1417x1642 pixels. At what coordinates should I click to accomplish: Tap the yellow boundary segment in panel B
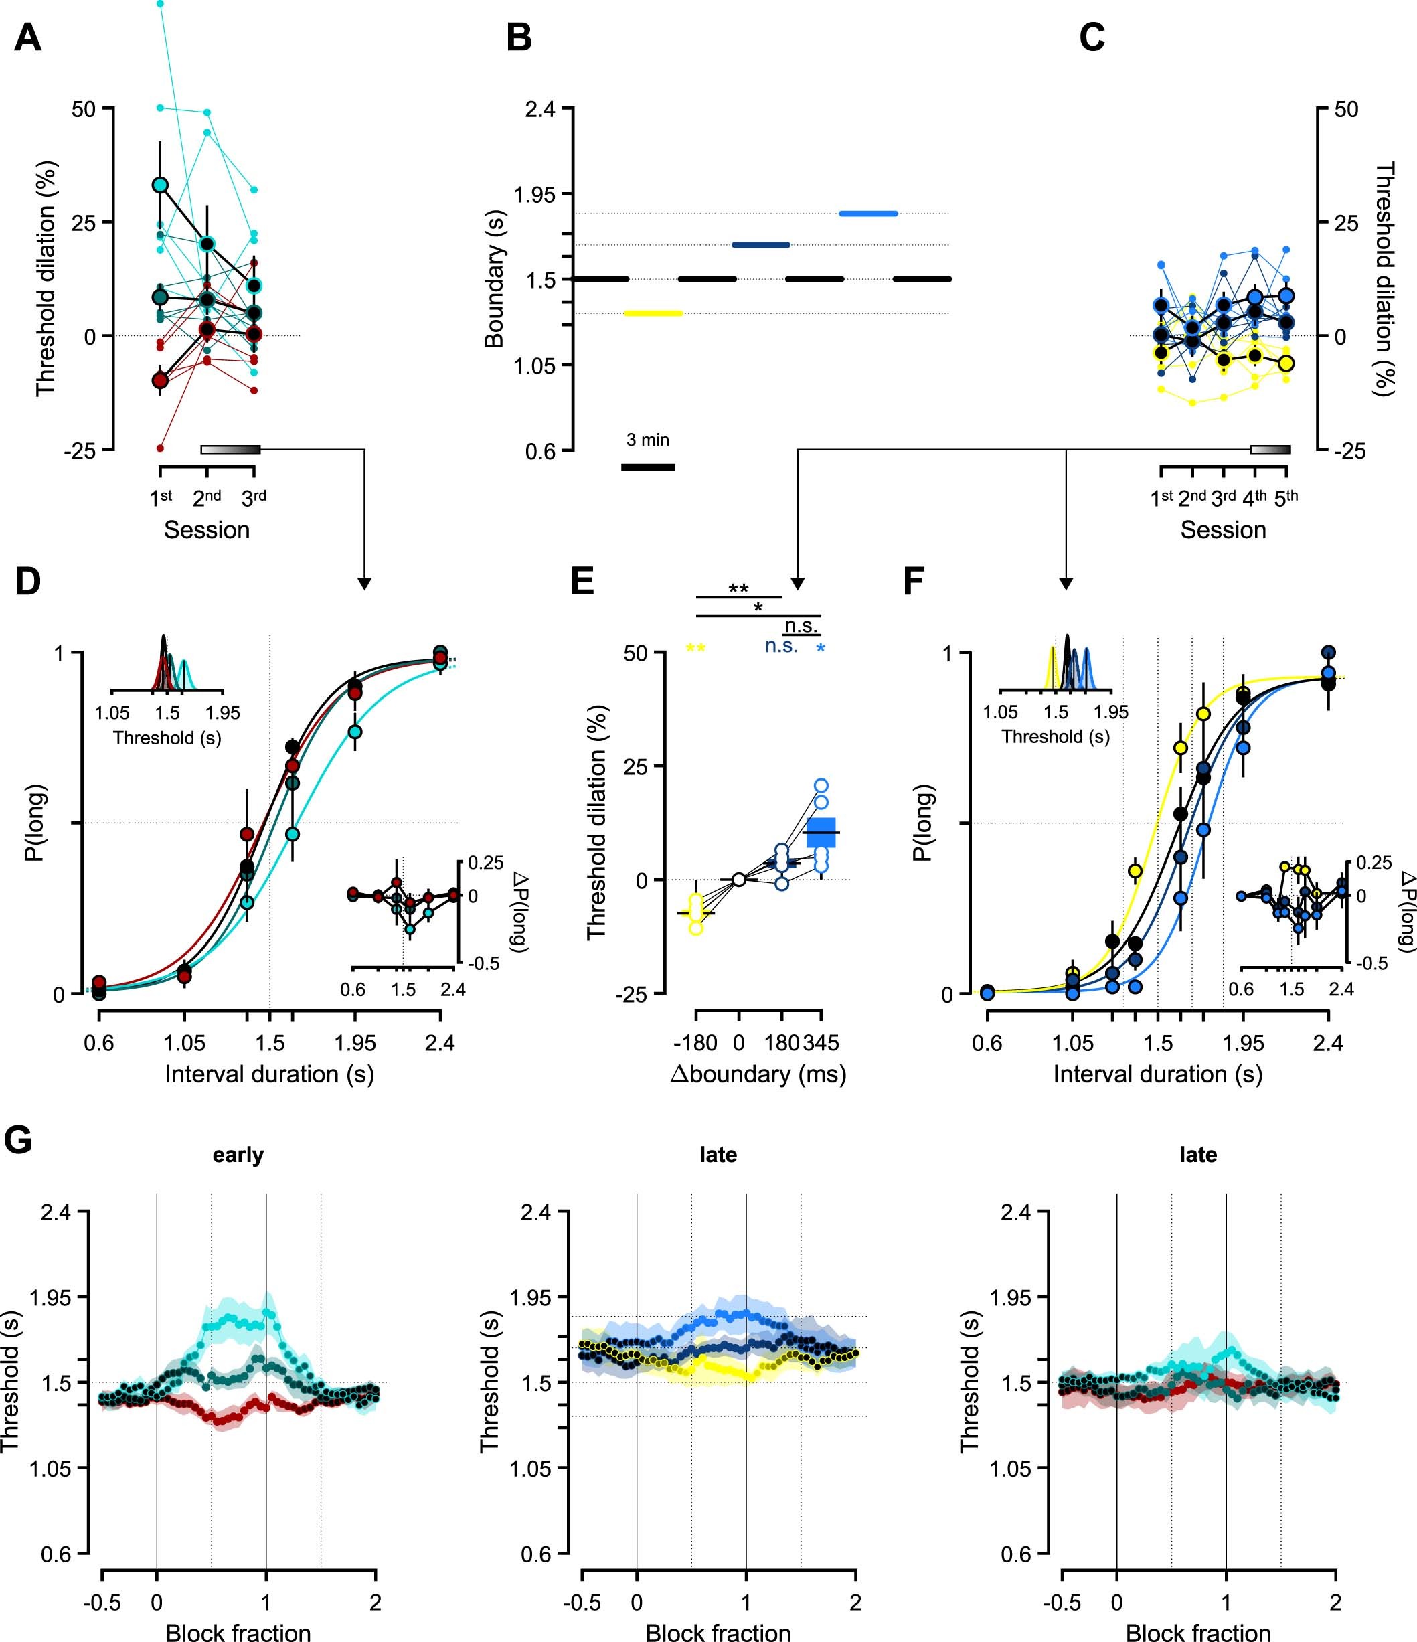coord(654,313)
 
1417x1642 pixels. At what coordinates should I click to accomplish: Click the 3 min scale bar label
coord(647,440)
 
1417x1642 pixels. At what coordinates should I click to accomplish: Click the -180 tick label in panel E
coord(695,1043)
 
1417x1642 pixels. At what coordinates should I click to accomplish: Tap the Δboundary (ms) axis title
coord(758,1074)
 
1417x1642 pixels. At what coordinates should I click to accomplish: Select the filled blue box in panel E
coord(821,832)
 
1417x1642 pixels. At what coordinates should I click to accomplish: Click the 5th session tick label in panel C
coord(1285,497)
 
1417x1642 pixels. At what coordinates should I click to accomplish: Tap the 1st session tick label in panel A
coord(161,497)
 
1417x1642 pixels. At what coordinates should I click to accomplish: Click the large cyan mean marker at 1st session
coord(160,185)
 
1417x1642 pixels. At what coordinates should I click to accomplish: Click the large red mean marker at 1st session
coord(160,380)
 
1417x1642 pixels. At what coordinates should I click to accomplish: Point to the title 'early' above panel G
coord(238,1155)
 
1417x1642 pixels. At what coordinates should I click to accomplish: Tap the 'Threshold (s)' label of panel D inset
coord(167,738)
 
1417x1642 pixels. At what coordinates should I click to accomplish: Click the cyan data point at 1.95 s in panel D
coord(355,732)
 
